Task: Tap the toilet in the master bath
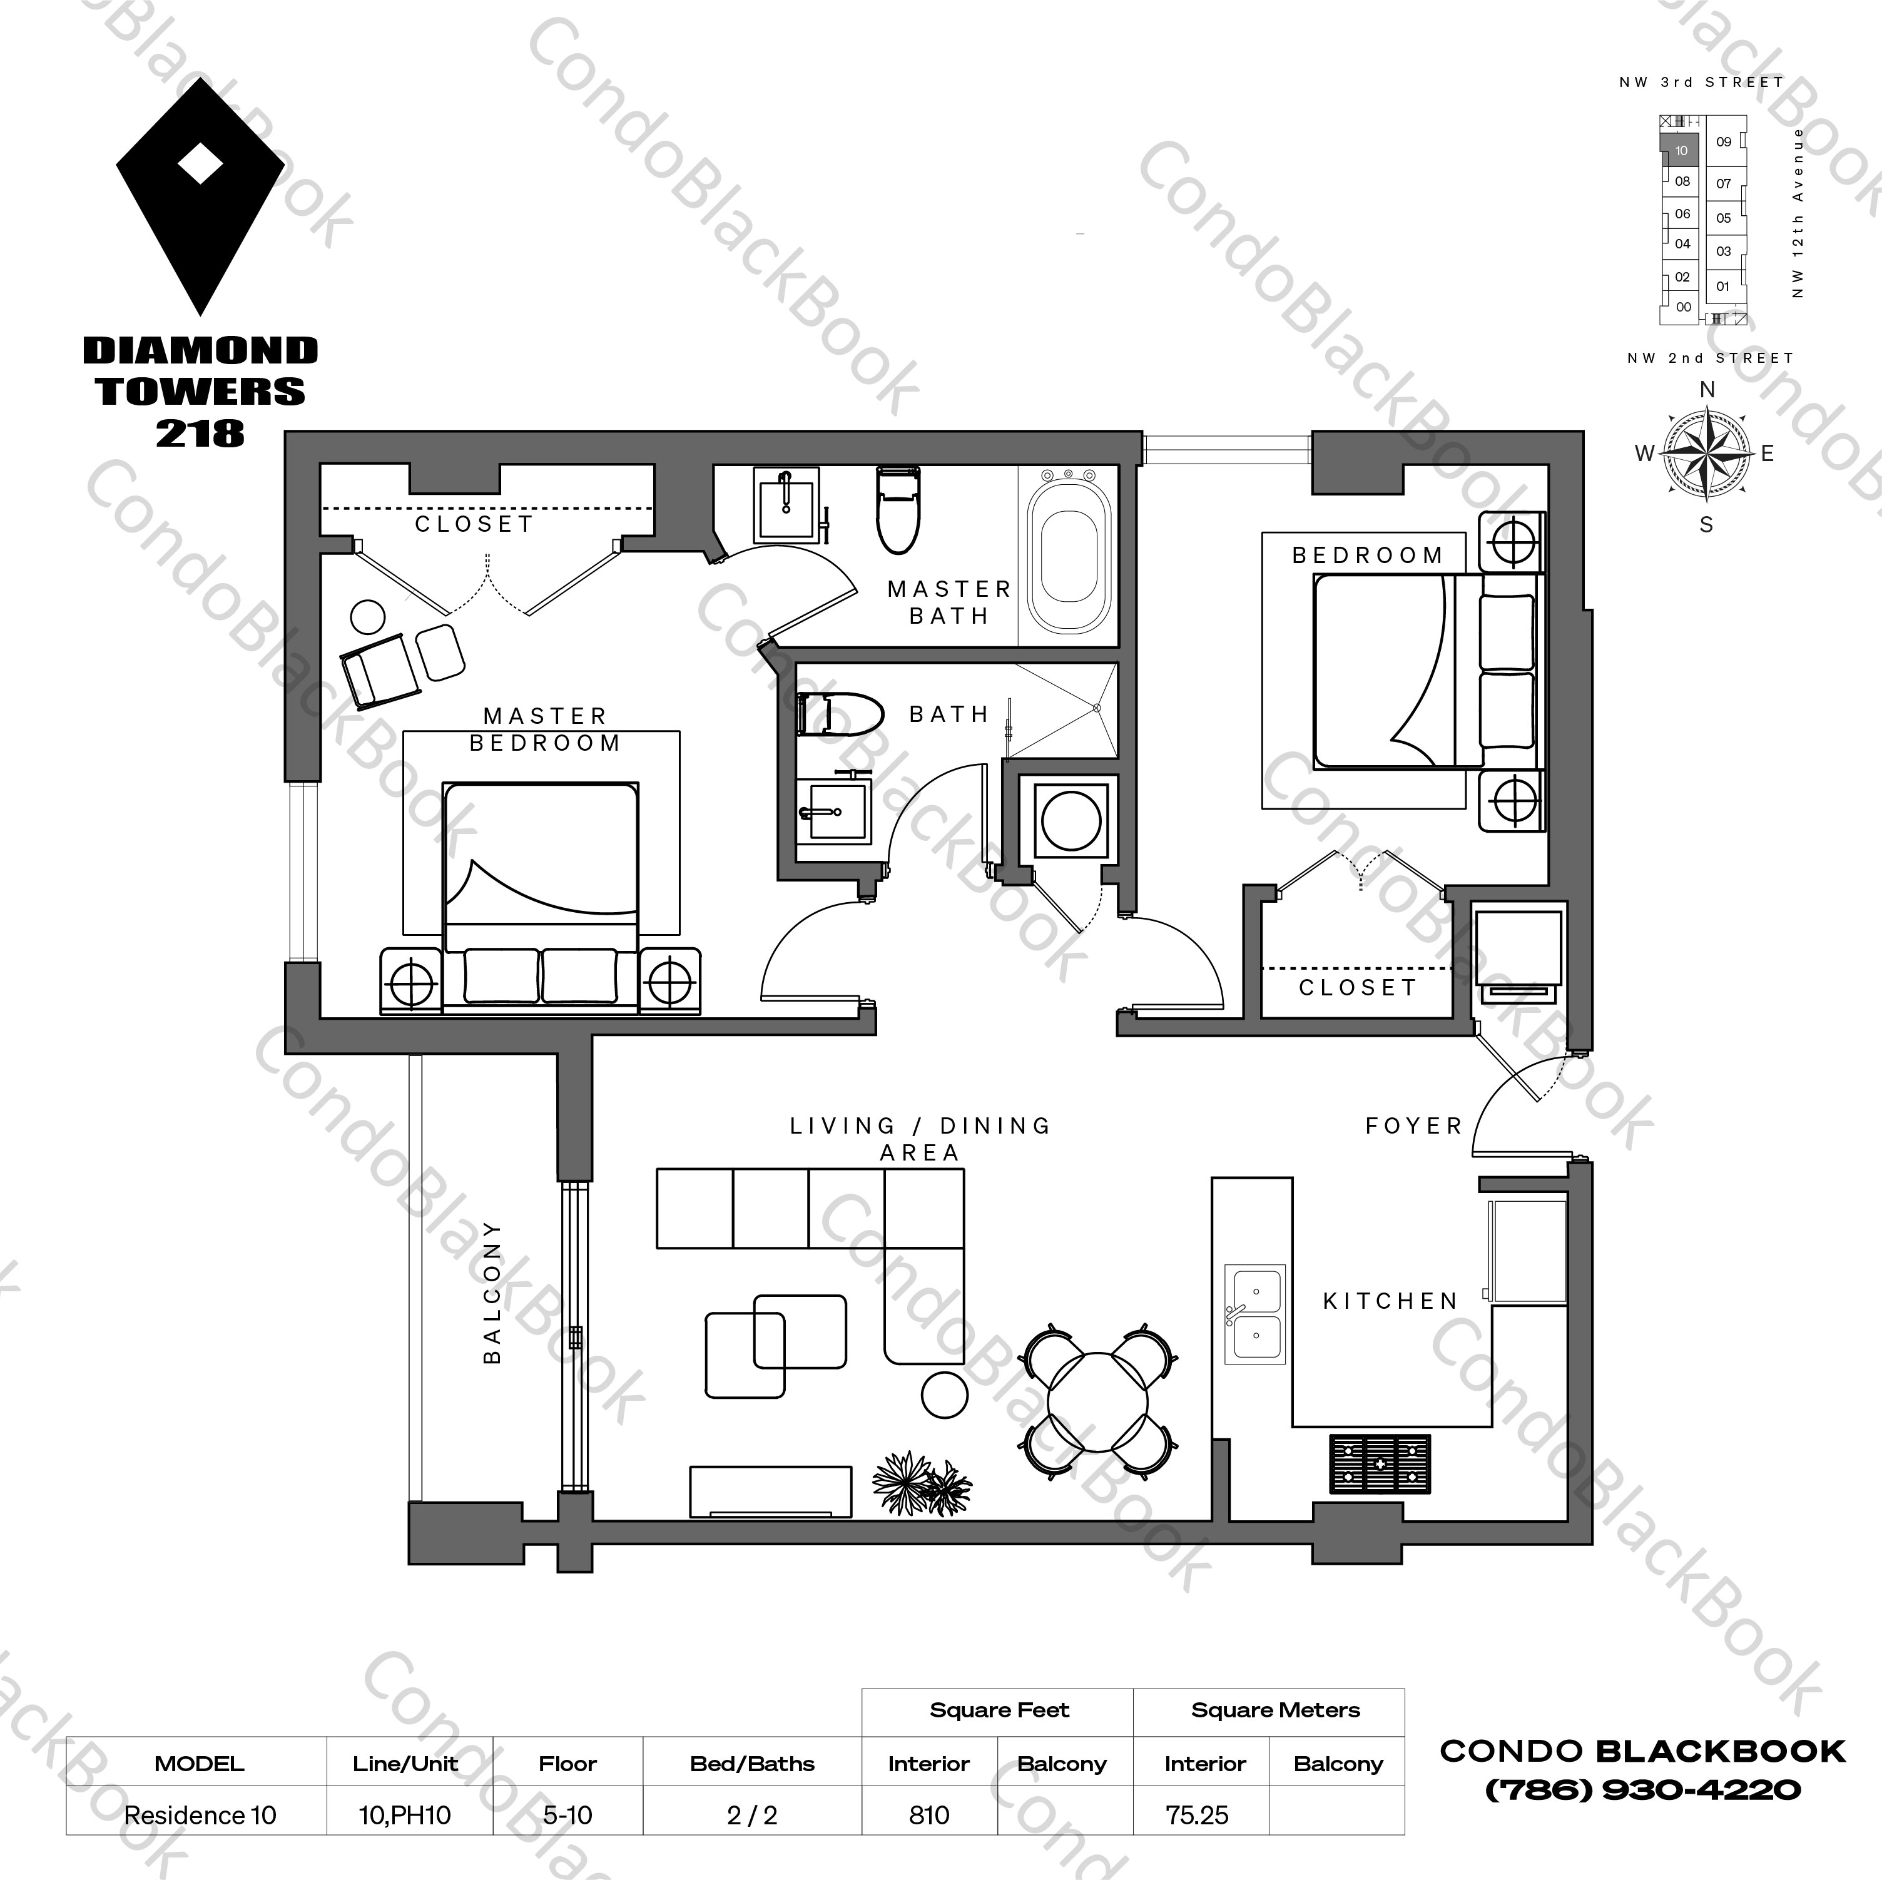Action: tap(897, 509)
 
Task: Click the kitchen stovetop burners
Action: tap(1380, 1463)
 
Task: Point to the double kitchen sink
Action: tap(1254, 1313)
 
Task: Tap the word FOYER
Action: tap(1413, 1126)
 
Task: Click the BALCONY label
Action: tap(492, 1292)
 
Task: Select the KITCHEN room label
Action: tap(1390, 1301)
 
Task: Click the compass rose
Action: tap(1706, 454)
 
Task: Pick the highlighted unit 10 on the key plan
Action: tap(1681, 151)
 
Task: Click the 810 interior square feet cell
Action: tap(928, 1816)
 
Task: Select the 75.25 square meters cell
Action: tap(1197, 1816)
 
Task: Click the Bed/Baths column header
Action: tap(752, 1764)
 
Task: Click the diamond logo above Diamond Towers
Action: tap(201, 195)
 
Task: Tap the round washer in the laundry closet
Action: tap(1071, 820)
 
